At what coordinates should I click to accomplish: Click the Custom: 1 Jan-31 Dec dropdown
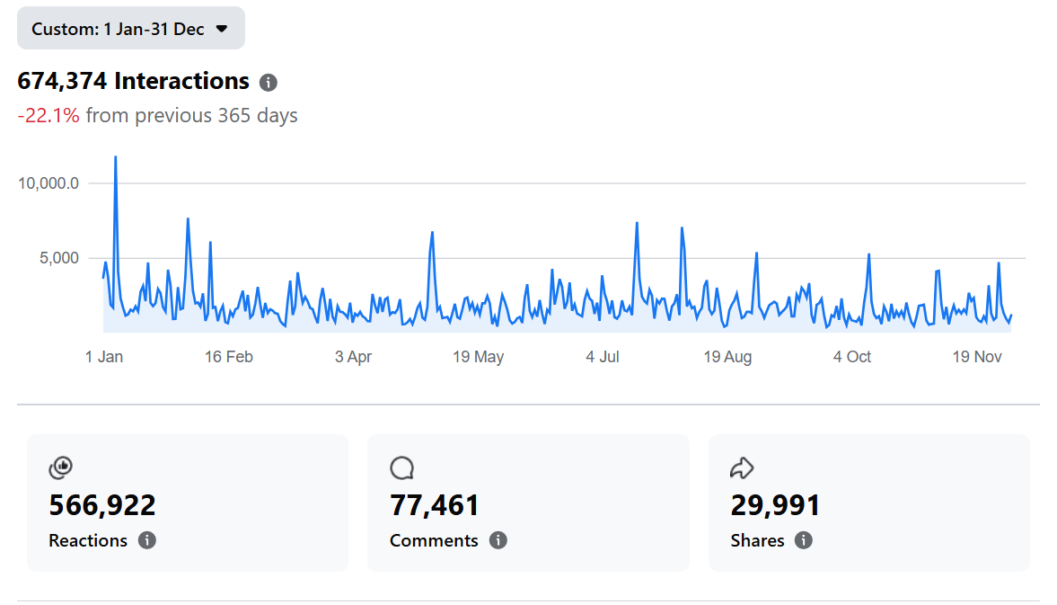pos(130,29)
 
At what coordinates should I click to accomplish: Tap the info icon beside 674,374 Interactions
pos(268,83)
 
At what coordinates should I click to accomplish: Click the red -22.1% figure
pos(48,116)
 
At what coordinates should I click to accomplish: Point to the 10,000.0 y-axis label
pos(48,183)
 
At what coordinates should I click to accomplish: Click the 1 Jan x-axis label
pos(104,357)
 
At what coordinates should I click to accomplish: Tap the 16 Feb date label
pos(229,357)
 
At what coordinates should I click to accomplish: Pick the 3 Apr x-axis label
pos(353,357)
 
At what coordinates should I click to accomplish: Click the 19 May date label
pos(478,357)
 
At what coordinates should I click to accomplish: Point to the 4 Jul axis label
pos(603,357)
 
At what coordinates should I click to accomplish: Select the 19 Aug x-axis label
pos(727,357)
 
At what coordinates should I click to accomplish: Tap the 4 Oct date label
pos(852,357)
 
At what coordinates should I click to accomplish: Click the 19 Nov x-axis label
pos(977,357)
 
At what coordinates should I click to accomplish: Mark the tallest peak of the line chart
pos(115,158)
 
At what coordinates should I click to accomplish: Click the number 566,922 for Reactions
pos(102,505)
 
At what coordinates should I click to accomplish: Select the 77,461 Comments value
pos(435,505)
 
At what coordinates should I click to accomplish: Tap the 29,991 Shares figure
pos(776,505)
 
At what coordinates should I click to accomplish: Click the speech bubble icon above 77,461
pos(401,467)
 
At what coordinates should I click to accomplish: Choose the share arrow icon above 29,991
pos(742,467)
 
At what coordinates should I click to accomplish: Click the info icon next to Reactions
pos(147,540)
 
